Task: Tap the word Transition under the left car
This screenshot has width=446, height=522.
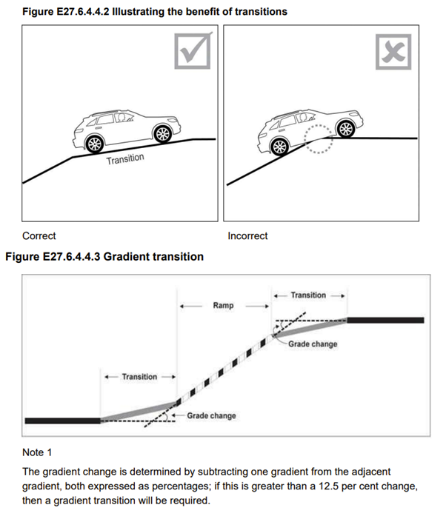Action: coord(124,160)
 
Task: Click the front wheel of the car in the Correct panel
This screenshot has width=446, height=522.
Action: coord(161,133)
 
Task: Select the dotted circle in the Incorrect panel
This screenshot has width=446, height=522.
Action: coord(318,139)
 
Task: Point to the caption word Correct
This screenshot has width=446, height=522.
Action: coord(39,236)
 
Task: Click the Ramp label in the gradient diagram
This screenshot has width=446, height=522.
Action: coord(223,305)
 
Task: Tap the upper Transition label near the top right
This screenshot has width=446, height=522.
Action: coord(308,295)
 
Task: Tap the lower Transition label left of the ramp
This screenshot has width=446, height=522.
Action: coord(140,377)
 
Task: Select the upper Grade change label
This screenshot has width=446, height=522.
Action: coord(313,344)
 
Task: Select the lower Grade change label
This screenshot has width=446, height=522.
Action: coord(211,416)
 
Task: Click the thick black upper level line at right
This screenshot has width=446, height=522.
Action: coord(385,321)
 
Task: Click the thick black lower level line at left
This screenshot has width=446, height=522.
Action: coord(62,421)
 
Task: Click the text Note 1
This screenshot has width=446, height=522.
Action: coord(39,452)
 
